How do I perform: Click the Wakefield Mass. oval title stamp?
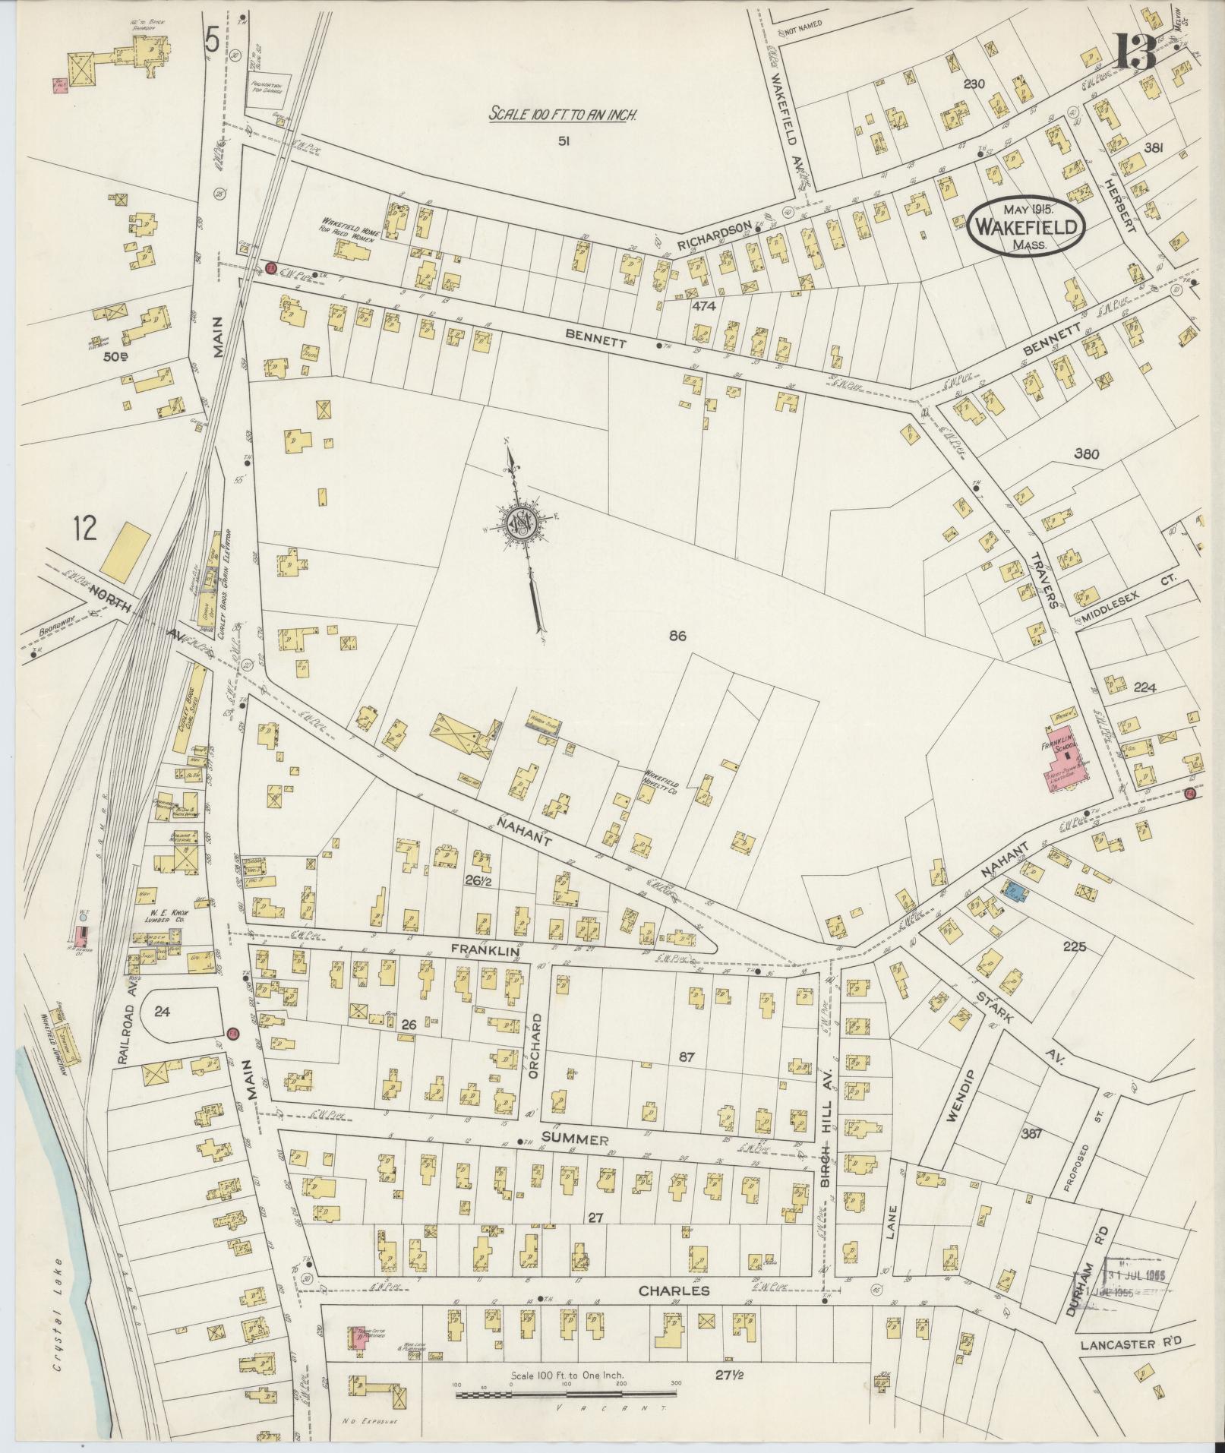tap(1025, 226)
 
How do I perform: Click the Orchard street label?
tap(538, 1041)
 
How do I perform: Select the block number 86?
tap(677, 636)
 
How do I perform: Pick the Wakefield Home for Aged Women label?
tap(349, 226)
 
